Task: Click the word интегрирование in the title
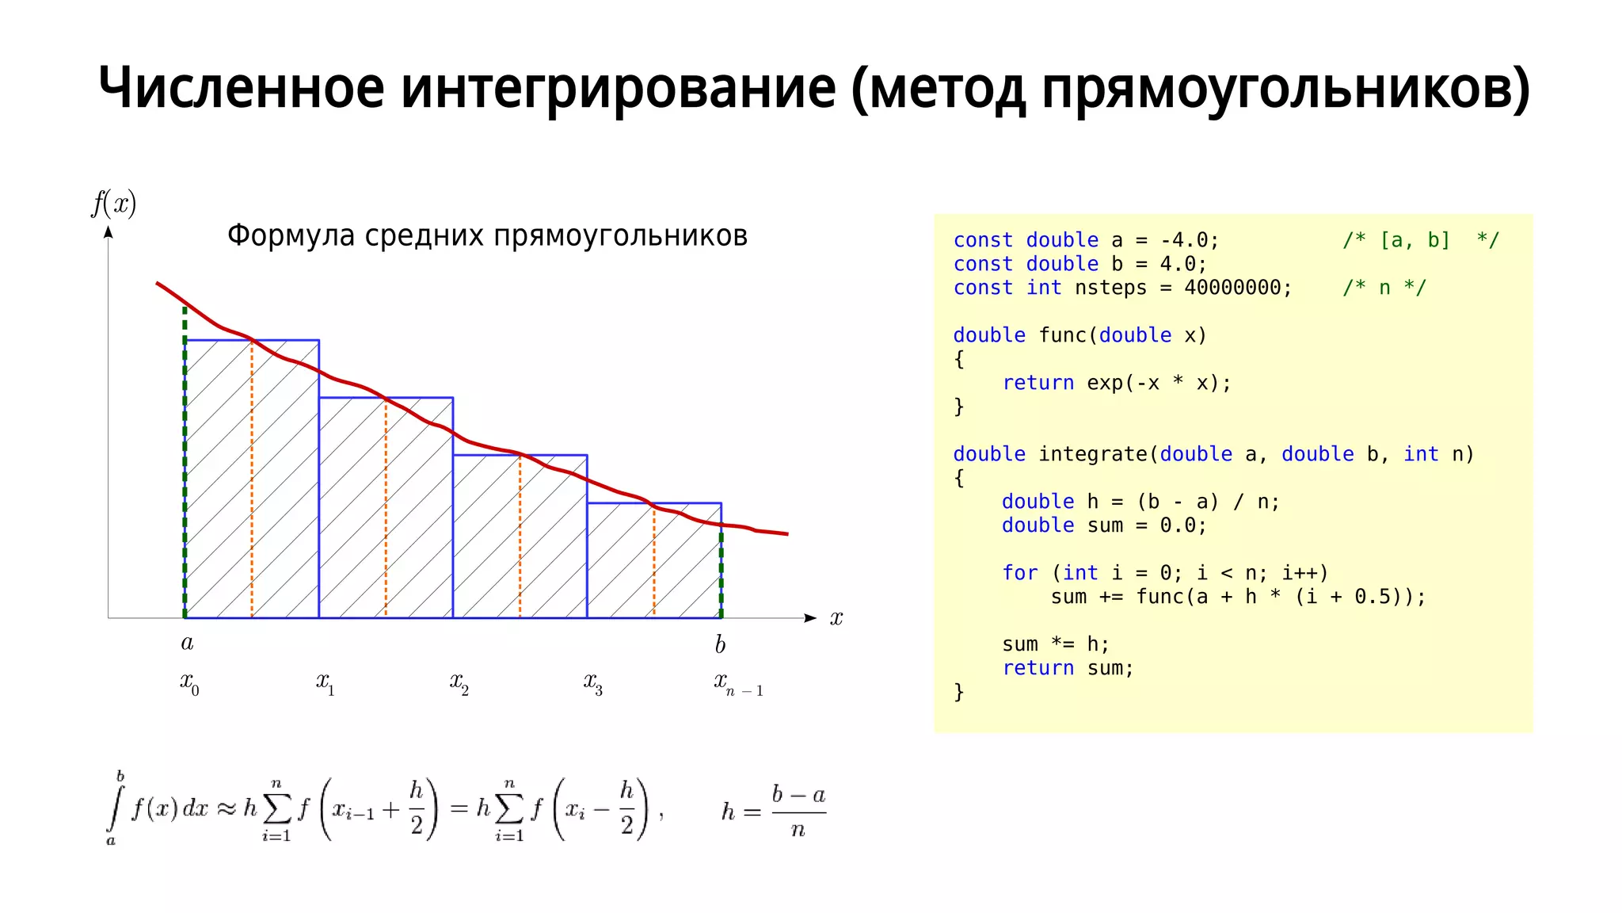[x=618, y=89]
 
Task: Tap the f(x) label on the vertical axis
[x=114, y=204]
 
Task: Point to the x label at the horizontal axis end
[x=836, y=618]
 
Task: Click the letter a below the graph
[x=187, y=642]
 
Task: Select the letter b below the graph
[x=720, y=644]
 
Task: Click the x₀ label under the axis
[x=189, y=682]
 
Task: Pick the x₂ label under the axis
[x=459, y=682]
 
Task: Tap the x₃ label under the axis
[x=593, y=682]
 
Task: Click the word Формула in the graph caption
[x=291, y=235]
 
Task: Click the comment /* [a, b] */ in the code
[x=1421, y=240]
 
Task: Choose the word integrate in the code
[x=1092, y=454]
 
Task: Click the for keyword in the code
[x=1019, y=573]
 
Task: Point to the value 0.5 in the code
[x=1372, y=597]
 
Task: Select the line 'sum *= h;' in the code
[x=1056, y=644]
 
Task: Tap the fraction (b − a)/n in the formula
[x=798, y=812]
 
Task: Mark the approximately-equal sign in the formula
[x=227, y=808]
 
